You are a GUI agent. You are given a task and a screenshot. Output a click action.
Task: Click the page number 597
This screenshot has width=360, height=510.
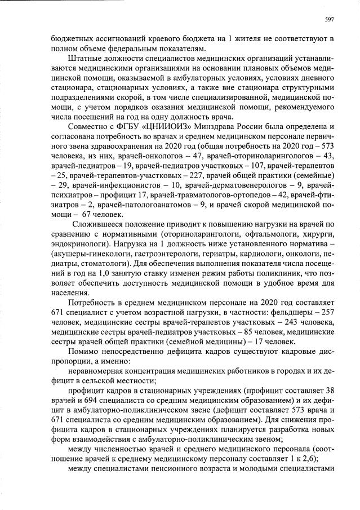330,19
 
